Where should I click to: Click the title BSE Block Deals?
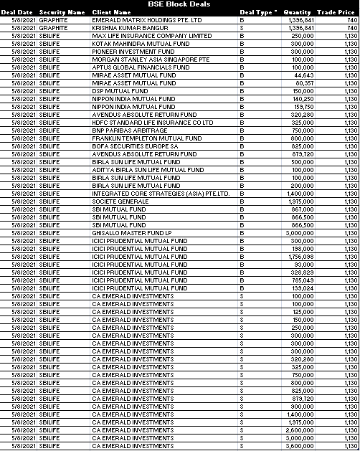tap(179, 4)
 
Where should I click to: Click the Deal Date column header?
tap(16, 12)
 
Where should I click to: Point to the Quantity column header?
tap(297, 12)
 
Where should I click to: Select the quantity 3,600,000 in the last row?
tap(300, 446)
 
